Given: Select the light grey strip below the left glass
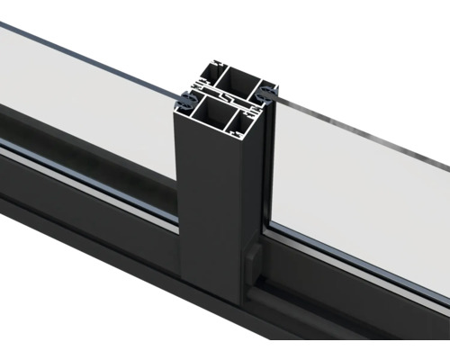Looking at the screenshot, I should tap(90, 184).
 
